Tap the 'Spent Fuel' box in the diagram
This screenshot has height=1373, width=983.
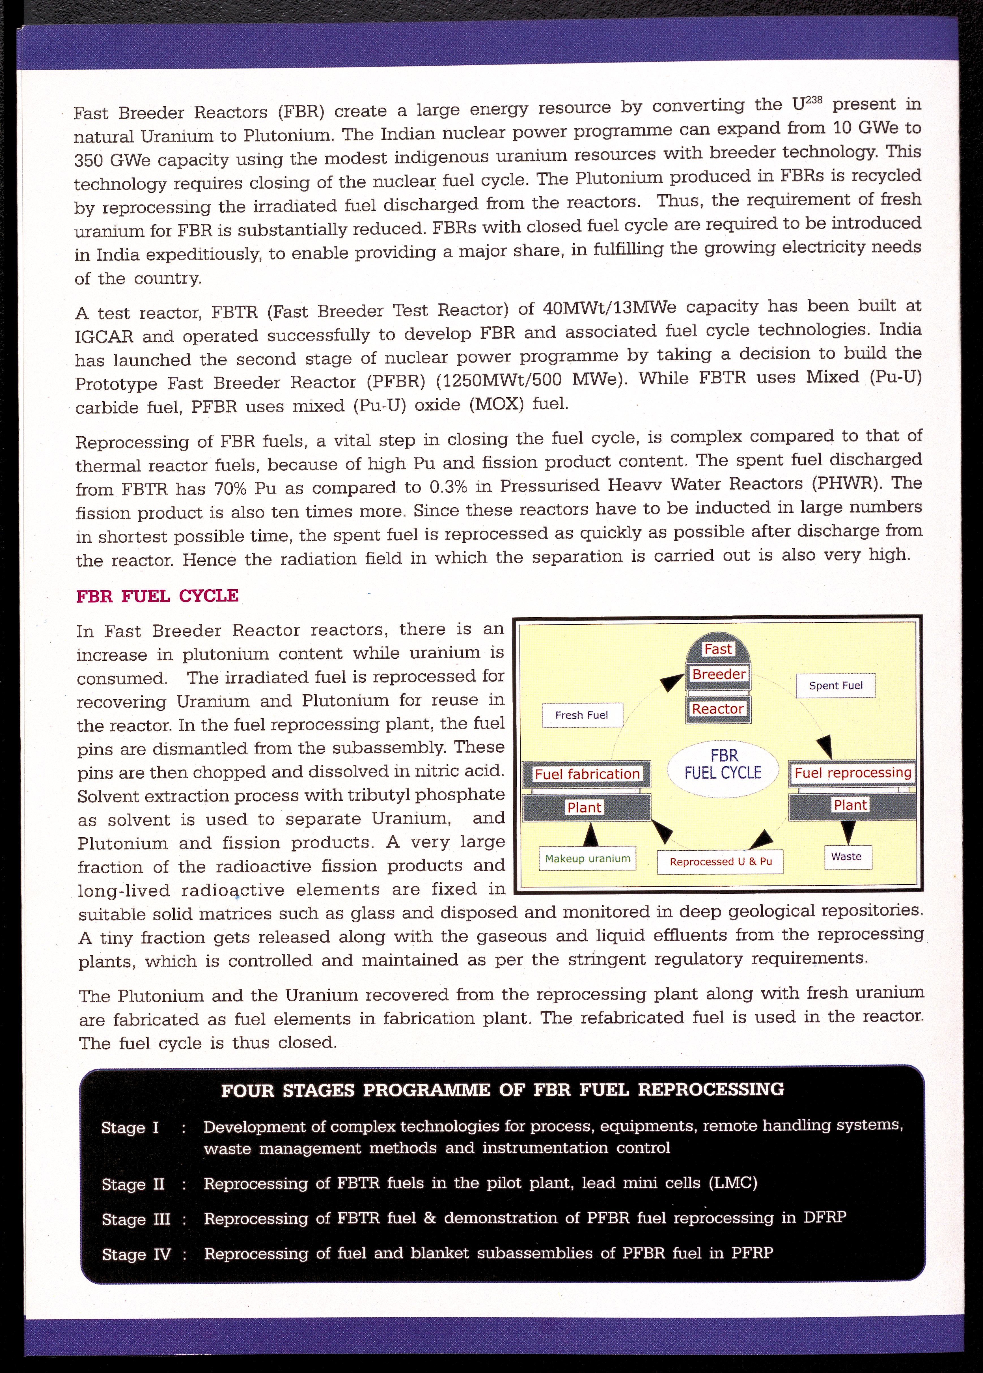pos(835,685)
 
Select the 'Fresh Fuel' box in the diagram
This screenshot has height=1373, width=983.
pos(581,715)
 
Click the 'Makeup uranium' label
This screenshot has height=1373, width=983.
pos(587,858)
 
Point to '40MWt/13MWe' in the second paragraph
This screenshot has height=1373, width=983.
pos(609,307)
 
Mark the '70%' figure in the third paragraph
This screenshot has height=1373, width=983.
pos(227,488)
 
